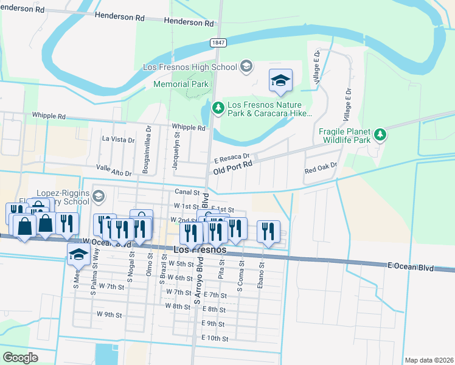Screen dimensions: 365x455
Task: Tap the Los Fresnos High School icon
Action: (246, 66)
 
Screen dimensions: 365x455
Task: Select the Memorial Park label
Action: (181, 85)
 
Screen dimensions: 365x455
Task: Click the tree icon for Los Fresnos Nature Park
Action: (218, 108)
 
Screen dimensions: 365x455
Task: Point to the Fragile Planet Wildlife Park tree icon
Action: (380, 134)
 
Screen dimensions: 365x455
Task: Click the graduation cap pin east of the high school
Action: (280, 81)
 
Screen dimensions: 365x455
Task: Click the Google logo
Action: (19, 357)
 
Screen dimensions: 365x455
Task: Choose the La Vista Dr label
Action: (118, 139)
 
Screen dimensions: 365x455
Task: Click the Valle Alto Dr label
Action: (114, 170)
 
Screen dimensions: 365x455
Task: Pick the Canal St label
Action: (187, 192)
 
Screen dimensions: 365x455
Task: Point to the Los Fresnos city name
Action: (200, 250)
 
